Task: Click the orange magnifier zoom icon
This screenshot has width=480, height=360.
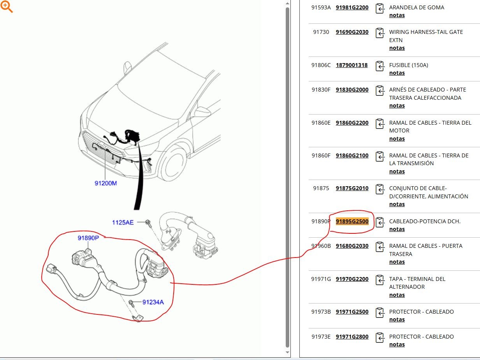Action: point(6,7)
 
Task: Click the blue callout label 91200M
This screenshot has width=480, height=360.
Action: point(105,183)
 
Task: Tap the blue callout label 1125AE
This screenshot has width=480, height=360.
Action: point(123,222)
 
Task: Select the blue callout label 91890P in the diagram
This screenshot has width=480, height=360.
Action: point(88,238)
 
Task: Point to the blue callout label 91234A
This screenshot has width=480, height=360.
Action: point(153,302)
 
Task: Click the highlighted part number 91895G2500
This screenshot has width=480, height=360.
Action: point(352,221)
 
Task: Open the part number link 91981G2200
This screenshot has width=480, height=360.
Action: point(352,7)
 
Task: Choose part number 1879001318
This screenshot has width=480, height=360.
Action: point(352,65)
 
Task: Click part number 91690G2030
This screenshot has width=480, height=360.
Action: point(352,32)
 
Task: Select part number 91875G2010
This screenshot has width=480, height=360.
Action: point(352,188)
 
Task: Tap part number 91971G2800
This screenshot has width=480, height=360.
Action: point(352,337)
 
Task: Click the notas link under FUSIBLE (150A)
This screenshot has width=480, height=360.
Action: point(397,73)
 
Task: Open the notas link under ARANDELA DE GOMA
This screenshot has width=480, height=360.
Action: point(397,15)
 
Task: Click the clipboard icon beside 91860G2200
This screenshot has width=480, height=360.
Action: point(380,124)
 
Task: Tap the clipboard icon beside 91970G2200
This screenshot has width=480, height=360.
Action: point(380,280)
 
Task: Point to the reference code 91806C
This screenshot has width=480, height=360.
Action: point(321,65)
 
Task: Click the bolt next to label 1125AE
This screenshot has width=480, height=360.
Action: point(148,223)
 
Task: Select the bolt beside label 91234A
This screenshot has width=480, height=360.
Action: point(131,303)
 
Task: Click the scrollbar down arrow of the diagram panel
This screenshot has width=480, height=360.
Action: point(288,352)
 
